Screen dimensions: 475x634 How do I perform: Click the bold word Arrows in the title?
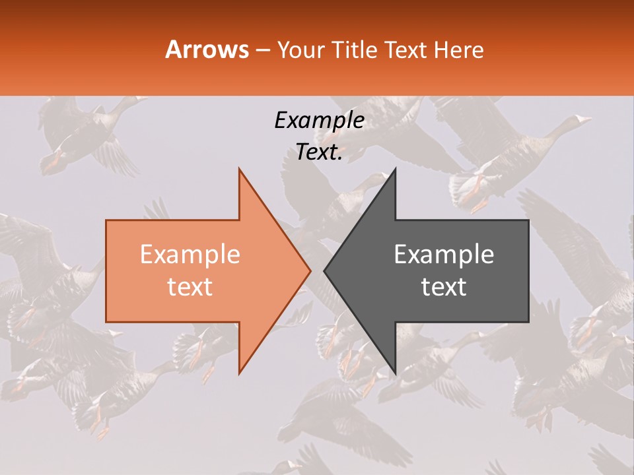(x=207, y=49)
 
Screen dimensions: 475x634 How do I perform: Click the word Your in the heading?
(x=302, y=49)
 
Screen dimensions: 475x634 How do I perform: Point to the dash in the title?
(x=263, y=50)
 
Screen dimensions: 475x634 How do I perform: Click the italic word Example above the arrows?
(x=319, y=120)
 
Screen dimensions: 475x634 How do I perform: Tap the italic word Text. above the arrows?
(x=319, y=152)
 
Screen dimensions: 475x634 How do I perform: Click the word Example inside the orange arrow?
(x=190, y=255)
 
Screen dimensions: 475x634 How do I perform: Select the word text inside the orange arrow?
(x=190, y=287)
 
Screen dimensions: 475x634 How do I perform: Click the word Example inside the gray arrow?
(x=444, y=255)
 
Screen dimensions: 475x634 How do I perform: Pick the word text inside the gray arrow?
(x=444, y=287)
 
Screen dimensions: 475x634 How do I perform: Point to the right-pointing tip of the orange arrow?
(x=310, y=271)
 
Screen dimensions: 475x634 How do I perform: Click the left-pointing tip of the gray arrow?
(x=324, y=271)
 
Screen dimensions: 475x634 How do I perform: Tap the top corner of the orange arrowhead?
(x=239, y=169)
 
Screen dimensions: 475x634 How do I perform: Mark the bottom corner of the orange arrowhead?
(x=239, y=373)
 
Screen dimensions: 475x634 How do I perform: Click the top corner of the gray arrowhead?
(x=395, y=169)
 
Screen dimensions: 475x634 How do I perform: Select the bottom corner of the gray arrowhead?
(x=395, y=373)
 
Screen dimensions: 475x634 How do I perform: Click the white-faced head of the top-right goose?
(x=581, y=120)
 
